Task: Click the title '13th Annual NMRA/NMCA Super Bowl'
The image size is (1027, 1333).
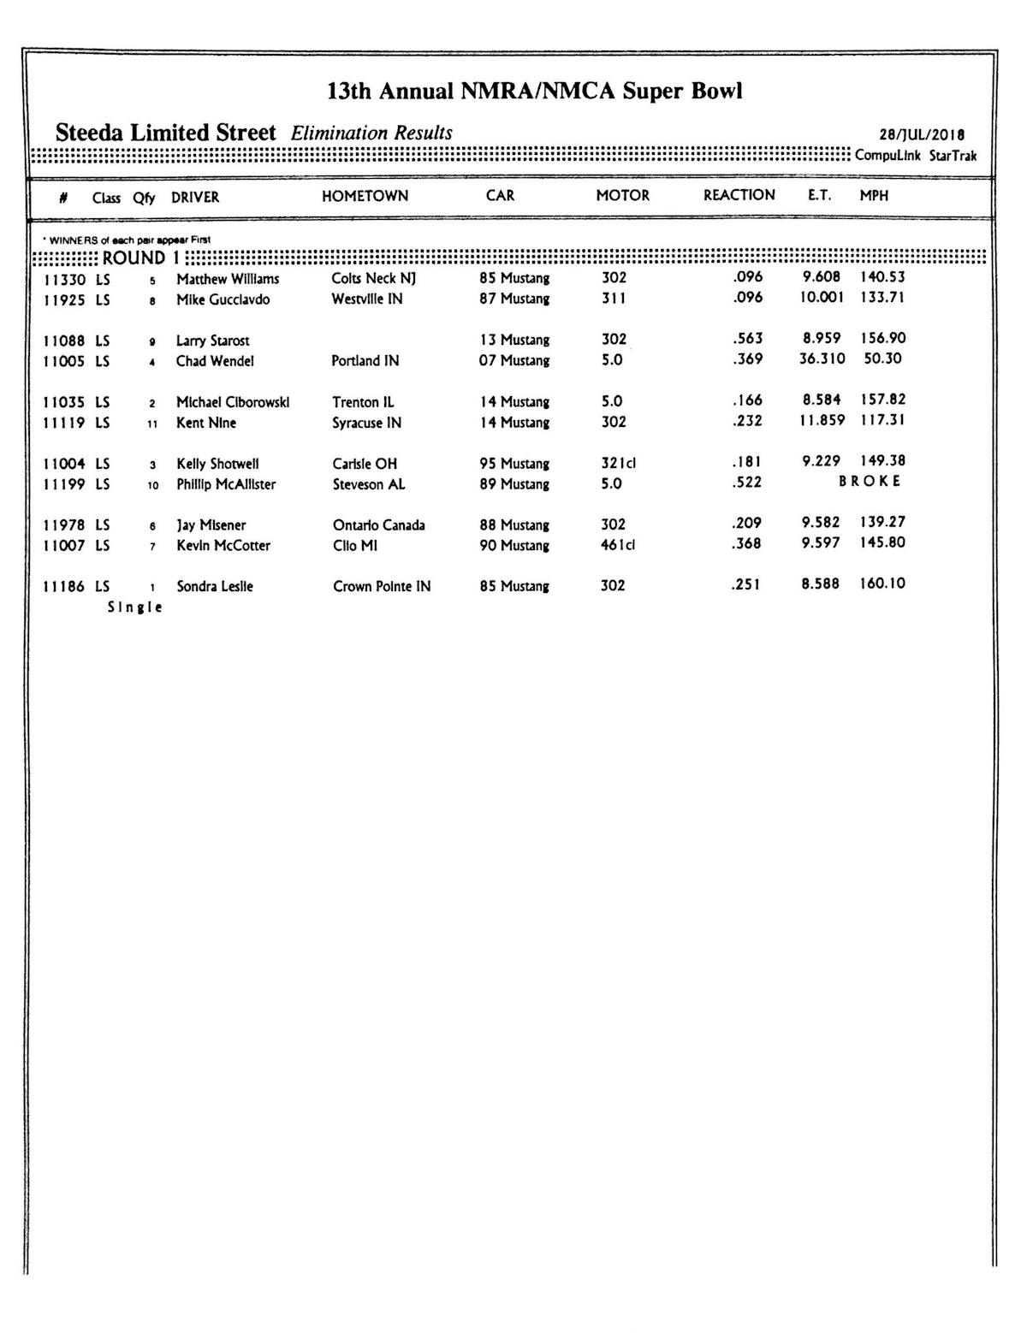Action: [534, 92]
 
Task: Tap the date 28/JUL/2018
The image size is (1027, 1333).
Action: [922, 135]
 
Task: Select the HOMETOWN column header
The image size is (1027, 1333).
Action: [365, 196]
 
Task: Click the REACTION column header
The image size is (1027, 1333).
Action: [739, 195]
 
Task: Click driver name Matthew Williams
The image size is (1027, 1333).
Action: [228, 279]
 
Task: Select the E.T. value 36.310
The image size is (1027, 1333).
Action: [822, 358]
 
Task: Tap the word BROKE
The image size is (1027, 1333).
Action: [870, 481]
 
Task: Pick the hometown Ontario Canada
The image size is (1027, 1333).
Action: [378, 525]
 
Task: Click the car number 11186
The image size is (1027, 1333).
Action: [64, 587]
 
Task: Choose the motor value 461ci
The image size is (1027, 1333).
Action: [618, 545]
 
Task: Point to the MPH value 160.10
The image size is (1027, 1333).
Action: [882, 584]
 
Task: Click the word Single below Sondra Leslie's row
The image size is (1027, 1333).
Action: [134, 607]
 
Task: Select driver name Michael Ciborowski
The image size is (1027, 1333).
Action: [233, 402]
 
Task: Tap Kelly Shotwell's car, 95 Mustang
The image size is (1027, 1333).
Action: [513, 464]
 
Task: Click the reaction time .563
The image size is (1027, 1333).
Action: [747, 338]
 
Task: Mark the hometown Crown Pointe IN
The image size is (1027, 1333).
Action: [382, 587]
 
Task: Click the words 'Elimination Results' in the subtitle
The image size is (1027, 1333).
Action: [371, 133]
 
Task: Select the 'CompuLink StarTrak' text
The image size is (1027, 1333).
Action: [915, 156]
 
